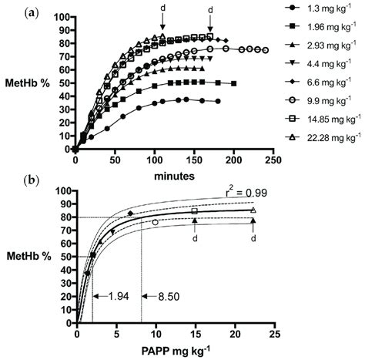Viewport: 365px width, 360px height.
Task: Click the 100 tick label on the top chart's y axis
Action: [63, 16]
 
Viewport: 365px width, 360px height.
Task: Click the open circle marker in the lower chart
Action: [156, 222]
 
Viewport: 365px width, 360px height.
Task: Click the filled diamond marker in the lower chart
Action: [130, 213]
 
